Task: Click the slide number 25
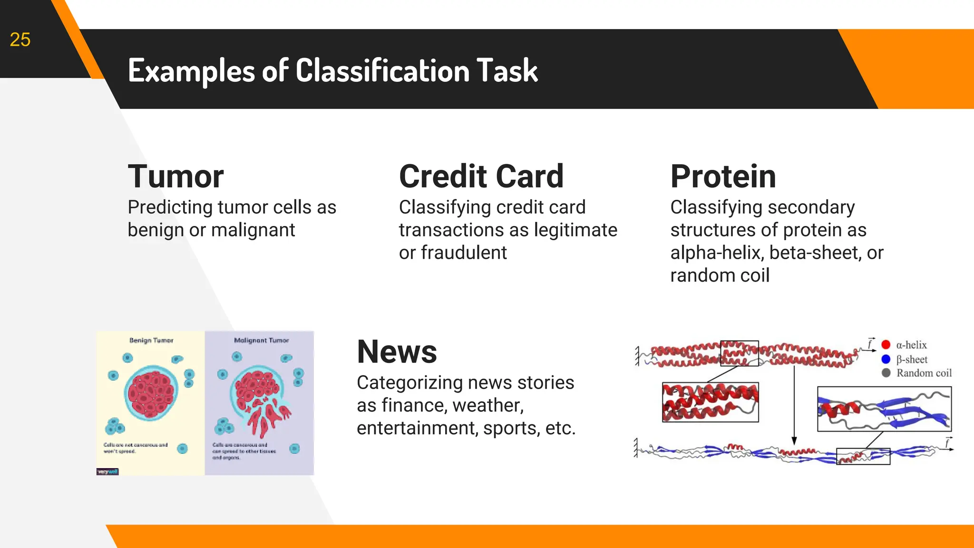coord(20,40)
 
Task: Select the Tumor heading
coord(175,176)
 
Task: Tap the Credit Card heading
coord(481,176)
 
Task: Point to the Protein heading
coord(723,176)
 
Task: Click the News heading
coord(397,352)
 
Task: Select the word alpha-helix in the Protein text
coord(717,253)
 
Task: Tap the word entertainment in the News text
coord(417,428)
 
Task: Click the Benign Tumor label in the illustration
coord(151,341)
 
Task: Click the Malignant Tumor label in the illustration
coord(261,341)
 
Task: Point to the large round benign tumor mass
coord(151,393)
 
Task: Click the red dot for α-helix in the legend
coord(886,345)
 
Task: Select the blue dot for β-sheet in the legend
coord(886,359)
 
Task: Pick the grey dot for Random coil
coord(886,373)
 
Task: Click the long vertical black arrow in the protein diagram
coord(794,404)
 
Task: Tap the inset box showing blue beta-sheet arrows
coord(884,409)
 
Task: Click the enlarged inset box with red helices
coord(710,402)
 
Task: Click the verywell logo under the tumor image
coord(107,472)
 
